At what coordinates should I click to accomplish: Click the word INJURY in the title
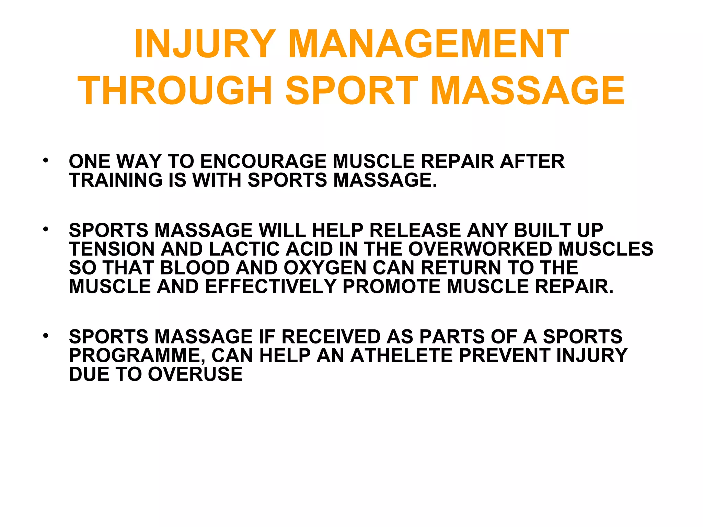[205, 44]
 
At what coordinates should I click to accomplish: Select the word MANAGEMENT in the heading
[429, 44]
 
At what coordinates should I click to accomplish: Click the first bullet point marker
[45, 160]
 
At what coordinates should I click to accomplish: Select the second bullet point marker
[45, 229]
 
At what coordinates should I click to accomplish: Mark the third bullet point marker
[45, 335]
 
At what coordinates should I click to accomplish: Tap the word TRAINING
[116, 180]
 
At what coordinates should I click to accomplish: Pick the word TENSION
[112, 249]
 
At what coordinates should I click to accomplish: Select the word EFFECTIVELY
[270, 286]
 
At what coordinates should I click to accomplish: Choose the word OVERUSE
[195, 374]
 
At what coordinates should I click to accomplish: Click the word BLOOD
[195, 268]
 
